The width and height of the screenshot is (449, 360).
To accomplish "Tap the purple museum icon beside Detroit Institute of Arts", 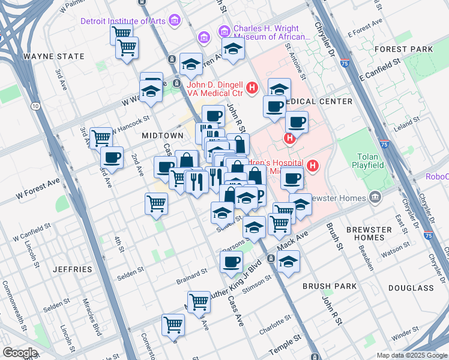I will tap(175, 22).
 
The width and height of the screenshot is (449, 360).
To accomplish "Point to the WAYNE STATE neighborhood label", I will tap(53, 56).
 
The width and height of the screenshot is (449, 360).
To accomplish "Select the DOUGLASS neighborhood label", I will tap(411, 288).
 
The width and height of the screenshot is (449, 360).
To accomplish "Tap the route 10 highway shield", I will tap(36, 106).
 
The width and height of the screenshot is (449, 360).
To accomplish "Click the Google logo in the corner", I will tap(20, 353).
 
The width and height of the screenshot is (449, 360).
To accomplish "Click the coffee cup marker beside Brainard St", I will tap(231, 262).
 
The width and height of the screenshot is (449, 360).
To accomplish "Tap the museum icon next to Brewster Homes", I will tap(375, 196).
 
